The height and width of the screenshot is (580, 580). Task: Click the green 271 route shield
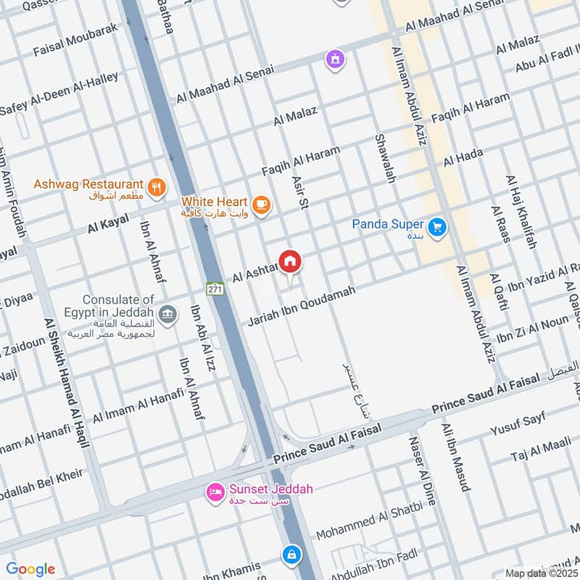[214, 288]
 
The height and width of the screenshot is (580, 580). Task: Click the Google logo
[30, 569]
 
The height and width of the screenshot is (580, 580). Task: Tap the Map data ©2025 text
[540, 573]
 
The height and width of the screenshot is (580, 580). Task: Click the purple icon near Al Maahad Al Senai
[334, 57]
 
